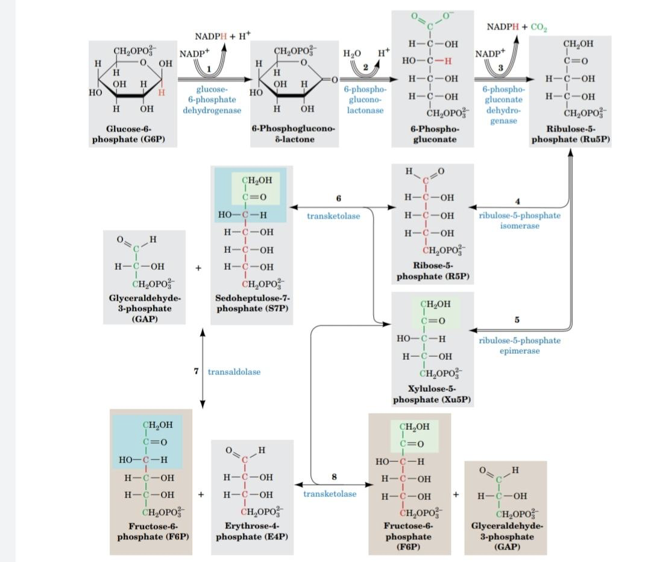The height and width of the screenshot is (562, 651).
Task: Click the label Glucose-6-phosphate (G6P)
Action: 128,134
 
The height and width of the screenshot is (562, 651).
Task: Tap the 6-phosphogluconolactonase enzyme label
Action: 360,100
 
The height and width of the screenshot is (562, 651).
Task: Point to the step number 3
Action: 500,67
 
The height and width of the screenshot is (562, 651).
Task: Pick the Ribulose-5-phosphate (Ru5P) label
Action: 570,134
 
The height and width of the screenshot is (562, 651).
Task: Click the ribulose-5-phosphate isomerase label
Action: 520,220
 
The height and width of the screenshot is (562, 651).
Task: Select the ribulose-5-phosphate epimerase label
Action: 520,345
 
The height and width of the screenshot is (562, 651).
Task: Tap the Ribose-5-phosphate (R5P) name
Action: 433,271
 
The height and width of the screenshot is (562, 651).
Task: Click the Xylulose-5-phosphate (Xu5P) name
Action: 432,394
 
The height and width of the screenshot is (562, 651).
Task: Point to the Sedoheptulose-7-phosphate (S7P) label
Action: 253,303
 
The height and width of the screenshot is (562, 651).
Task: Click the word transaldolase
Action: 234,372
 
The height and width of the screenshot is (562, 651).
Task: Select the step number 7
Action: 196,371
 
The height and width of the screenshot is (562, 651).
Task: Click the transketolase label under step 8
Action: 330,494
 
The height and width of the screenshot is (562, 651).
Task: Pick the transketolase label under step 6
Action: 334,216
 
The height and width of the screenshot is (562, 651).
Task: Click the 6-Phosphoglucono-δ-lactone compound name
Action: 294,134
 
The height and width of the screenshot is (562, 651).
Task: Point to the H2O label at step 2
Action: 352,54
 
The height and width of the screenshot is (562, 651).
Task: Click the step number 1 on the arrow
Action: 209,69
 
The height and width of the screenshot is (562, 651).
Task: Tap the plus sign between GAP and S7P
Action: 198,267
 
